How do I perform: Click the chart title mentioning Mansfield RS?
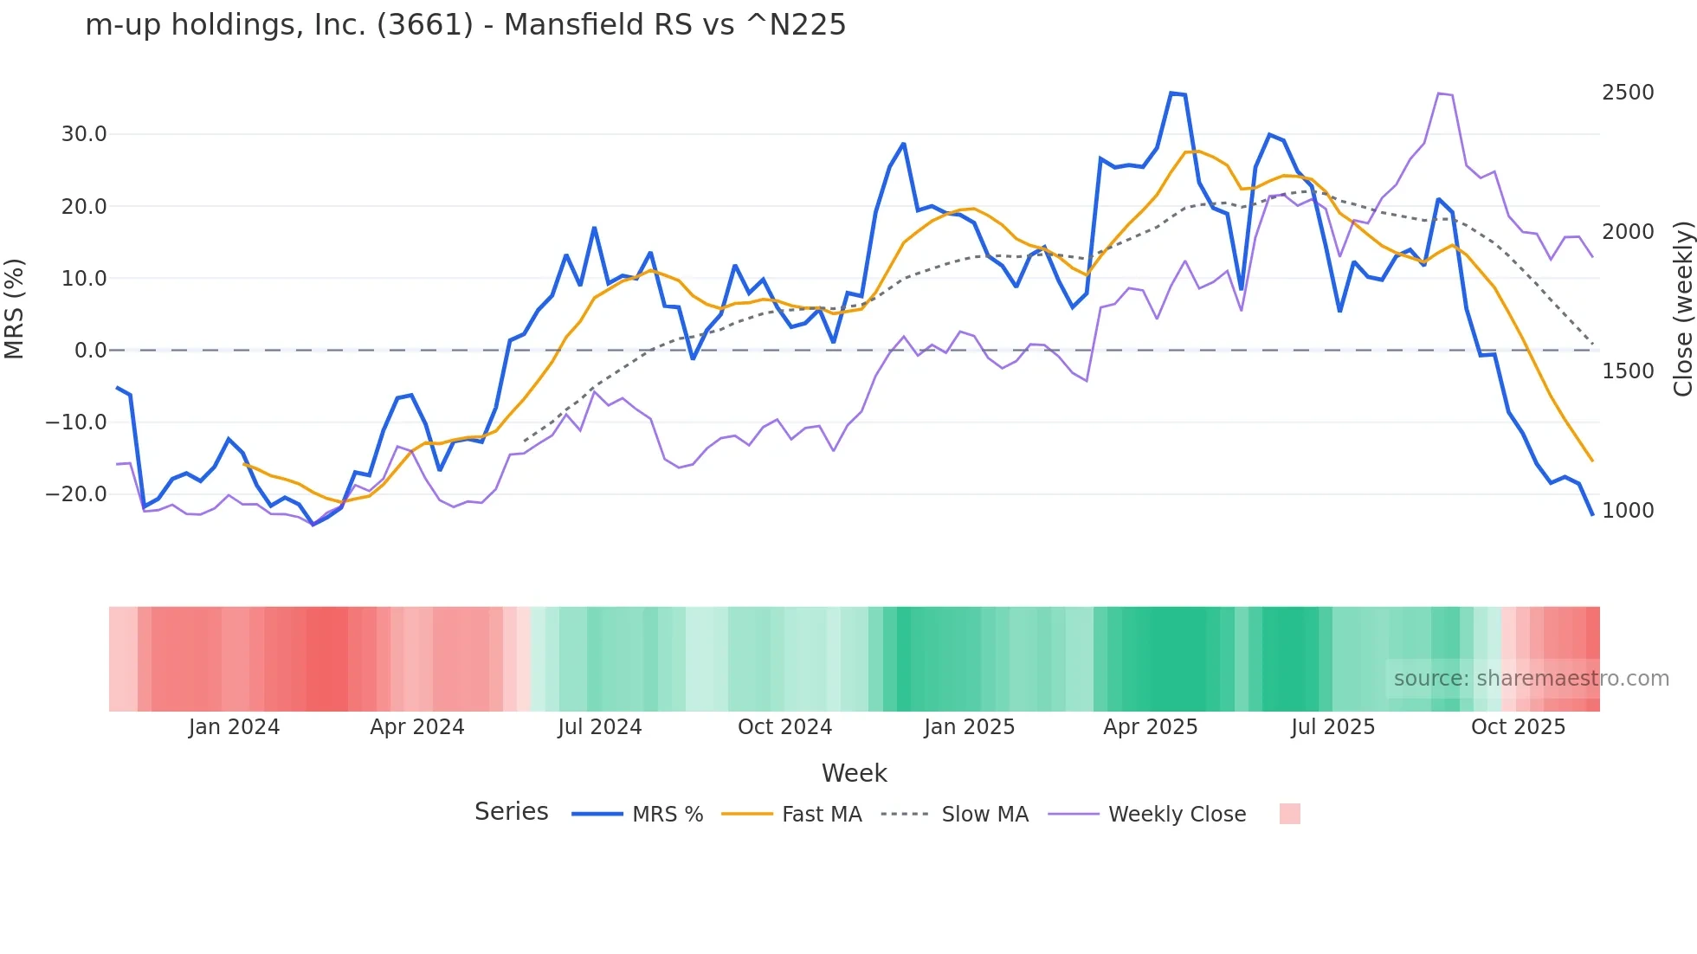point(465,25)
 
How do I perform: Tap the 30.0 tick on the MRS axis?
point(84,134)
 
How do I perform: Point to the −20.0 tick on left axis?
point(77,494)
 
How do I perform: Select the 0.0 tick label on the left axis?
point(90,351)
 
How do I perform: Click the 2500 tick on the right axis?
point(1628,93)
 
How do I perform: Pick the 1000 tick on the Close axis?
point(1628,511)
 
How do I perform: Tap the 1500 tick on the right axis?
point(1628,371)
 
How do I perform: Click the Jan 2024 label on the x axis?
point(234,727)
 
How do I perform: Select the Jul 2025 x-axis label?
point(1332,727)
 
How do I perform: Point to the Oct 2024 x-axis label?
point(784,727)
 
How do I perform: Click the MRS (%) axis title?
point(15,309)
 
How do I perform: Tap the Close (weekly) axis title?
point(1682,309)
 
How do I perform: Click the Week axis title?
point(854,773)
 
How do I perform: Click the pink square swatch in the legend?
point(1289,814)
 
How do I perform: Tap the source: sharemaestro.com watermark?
point(1531,679)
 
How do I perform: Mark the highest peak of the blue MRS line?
point(1171,93)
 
